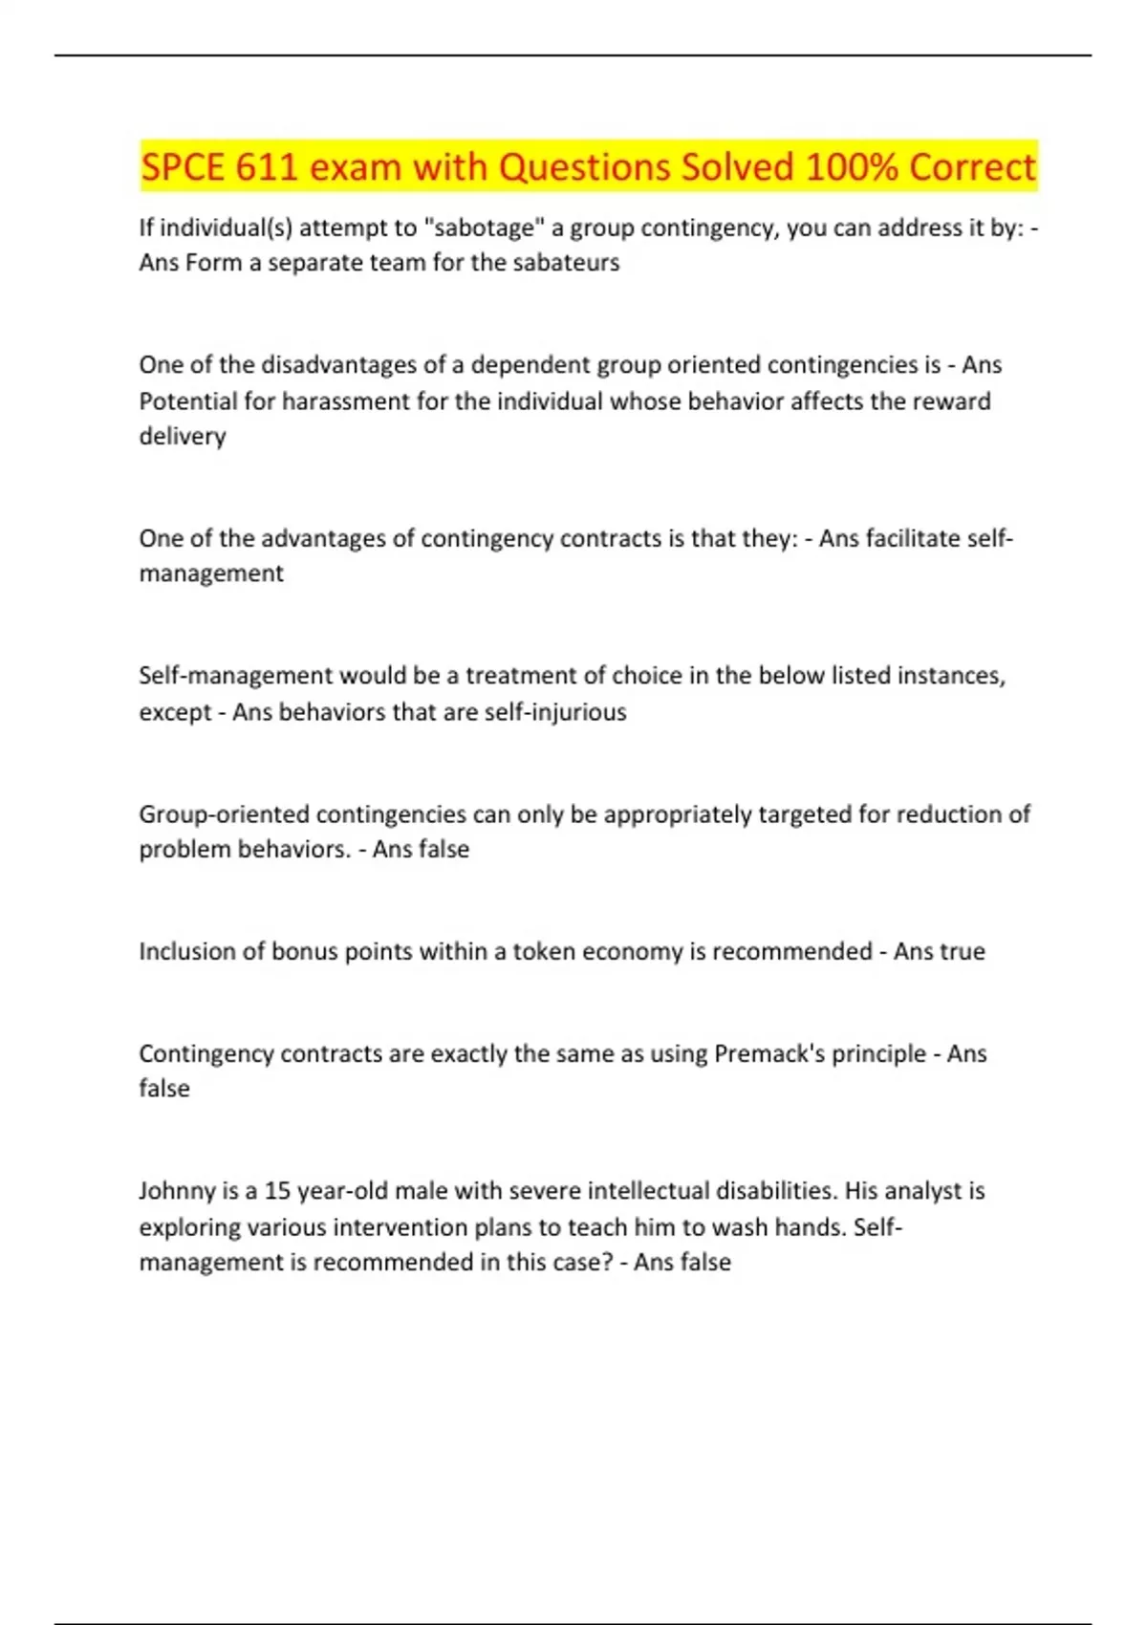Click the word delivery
[183, 436]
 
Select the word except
[175, 712]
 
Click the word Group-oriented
[225, 814]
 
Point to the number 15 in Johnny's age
[277, 1191]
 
